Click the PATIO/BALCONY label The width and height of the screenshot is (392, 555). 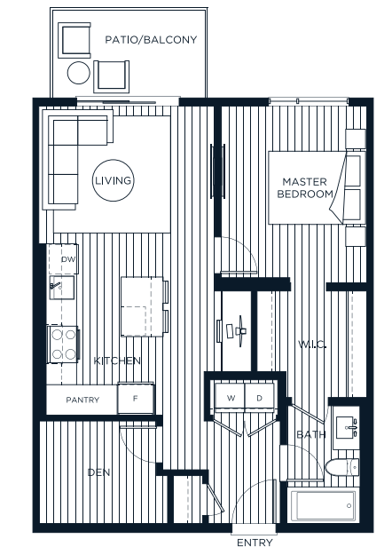tap(151, 40)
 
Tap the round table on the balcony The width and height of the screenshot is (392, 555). tap(80, 72)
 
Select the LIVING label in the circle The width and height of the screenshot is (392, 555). tap(114, 181)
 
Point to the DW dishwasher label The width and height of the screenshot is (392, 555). tap(68, 259)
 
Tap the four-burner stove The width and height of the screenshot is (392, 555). tap(64, 343)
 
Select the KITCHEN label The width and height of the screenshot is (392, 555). tap(118, 361)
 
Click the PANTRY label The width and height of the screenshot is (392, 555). tap(82, 400)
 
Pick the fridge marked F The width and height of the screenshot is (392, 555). tap(136, 399)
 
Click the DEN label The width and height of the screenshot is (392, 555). tap(98, 473)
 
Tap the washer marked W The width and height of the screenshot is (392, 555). tap(231, 398)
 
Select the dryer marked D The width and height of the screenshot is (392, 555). tap(260, 398)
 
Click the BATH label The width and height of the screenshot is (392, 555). tap(311, 434)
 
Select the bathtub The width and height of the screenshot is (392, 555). tap(324, 507)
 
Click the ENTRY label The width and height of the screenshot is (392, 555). tap(255, 543)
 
